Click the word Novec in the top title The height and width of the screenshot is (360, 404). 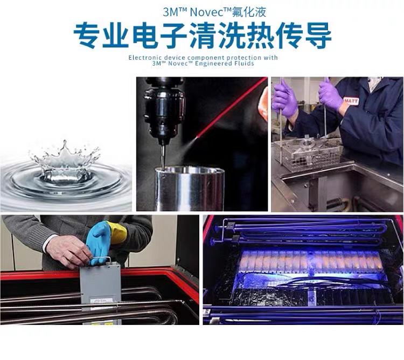pos(207,12)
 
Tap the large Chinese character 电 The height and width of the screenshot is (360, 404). pos(145,36)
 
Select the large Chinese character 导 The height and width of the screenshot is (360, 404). pos(318,36)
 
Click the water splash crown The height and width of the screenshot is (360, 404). pos(65,160)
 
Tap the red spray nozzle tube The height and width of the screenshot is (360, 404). pos(231,107)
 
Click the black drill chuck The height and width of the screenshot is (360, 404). pos(164,111)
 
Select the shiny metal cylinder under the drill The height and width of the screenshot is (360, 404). pos(189,189)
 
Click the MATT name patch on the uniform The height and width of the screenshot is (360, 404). pos(351,101)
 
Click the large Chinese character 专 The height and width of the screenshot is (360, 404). pos(87,36)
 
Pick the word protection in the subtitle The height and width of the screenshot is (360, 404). pos(239,57)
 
